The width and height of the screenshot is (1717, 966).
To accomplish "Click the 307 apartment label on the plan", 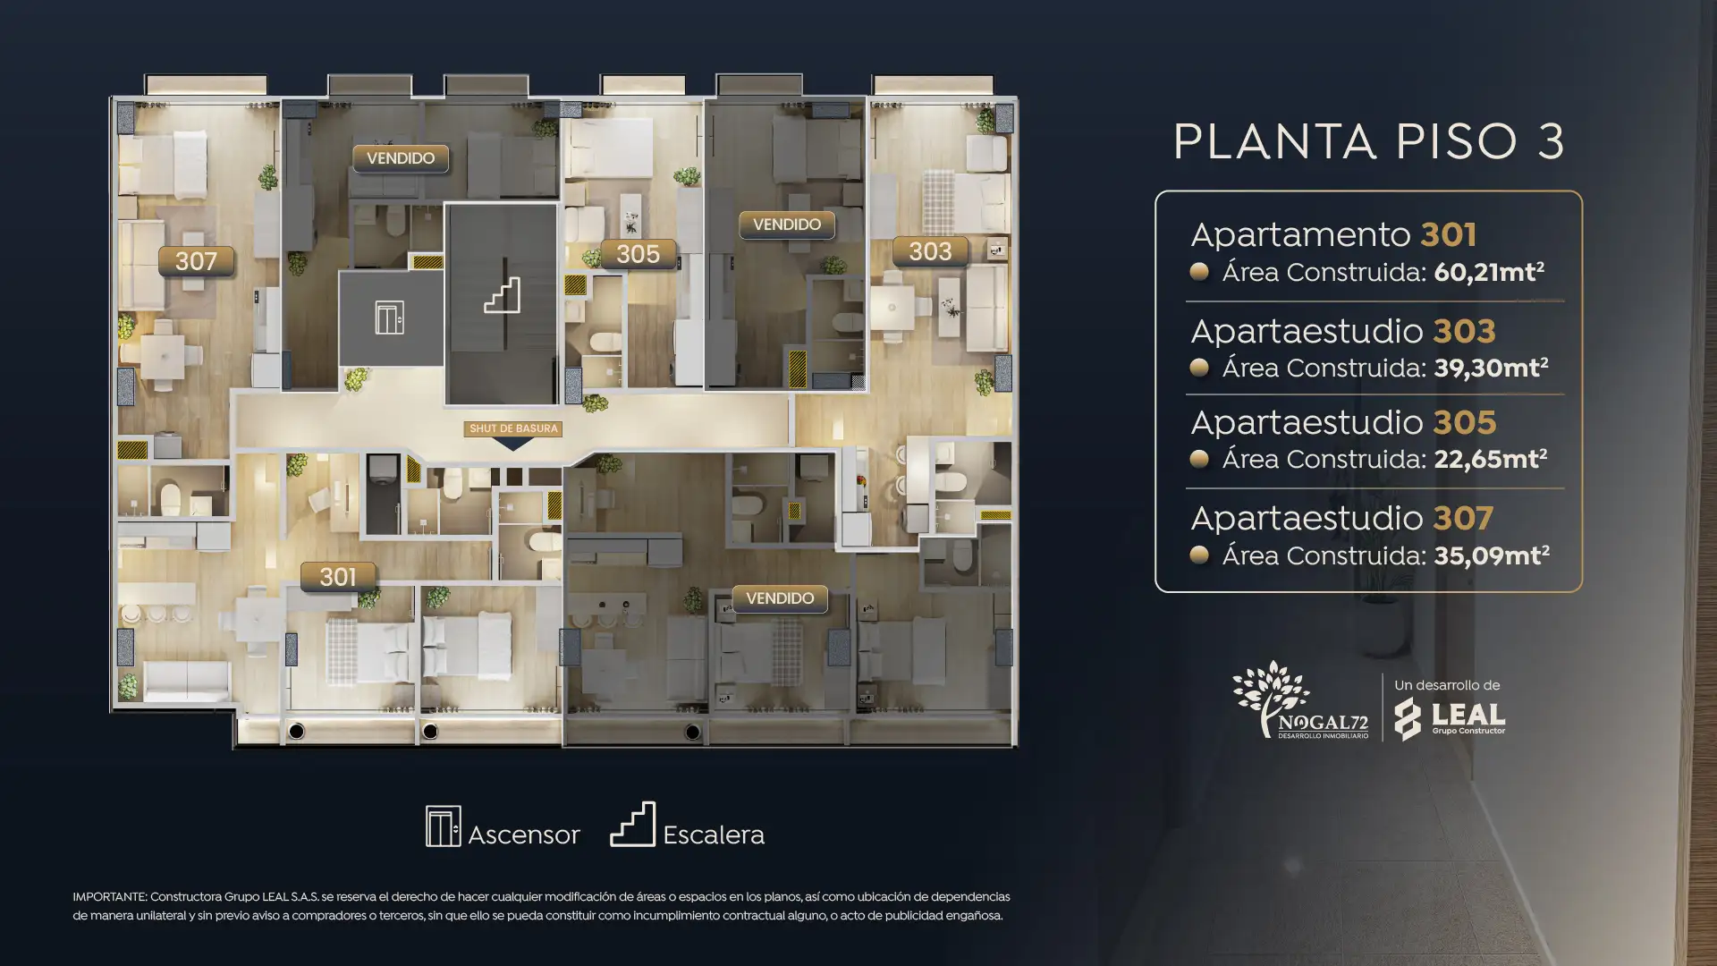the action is [196, 261].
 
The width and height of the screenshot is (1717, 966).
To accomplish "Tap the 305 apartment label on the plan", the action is [638, 254].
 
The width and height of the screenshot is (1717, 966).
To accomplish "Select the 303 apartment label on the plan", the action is [930, 251].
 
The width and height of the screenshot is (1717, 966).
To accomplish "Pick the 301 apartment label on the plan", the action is [338, 577].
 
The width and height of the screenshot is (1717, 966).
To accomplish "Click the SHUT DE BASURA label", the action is [513, 428].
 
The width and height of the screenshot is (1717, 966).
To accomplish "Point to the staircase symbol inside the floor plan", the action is [502, 295].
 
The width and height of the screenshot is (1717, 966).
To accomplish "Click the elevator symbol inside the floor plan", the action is [389, 318].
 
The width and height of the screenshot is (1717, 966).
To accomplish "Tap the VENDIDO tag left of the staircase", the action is [401, 158].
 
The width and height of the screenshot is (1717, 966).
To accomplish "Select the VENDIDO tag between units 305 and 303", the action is [787, 225].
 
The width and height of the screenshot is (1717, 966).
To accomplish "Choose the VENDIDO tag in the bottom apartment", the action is [780, 598].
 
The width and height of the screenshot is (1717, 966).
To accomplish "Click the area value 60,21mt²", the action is [1489, 272].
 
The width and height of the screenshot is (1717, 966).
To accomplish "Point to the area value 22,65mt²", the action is [1491, 459].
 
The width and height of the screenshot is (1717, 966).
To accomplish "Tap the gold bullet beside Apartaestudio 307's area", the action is [1199, 555].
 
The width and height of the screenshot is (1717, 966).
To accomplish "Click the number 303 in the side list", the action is [1464, 331].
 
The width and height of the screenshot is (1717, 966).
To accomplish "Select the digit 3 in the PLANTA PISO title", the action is [1551, 141].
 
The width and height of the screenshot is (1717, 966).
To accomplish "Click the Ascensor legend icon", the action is [444, 826].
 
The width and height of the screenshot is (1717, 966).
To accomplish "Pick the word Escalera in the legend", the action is [714, 835].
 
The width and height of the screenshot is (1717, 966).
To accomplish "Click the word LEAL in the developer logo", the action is [1468, 715].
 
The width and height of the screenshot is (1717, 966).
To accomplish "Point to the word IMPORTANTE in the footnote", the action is [108, 896].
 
